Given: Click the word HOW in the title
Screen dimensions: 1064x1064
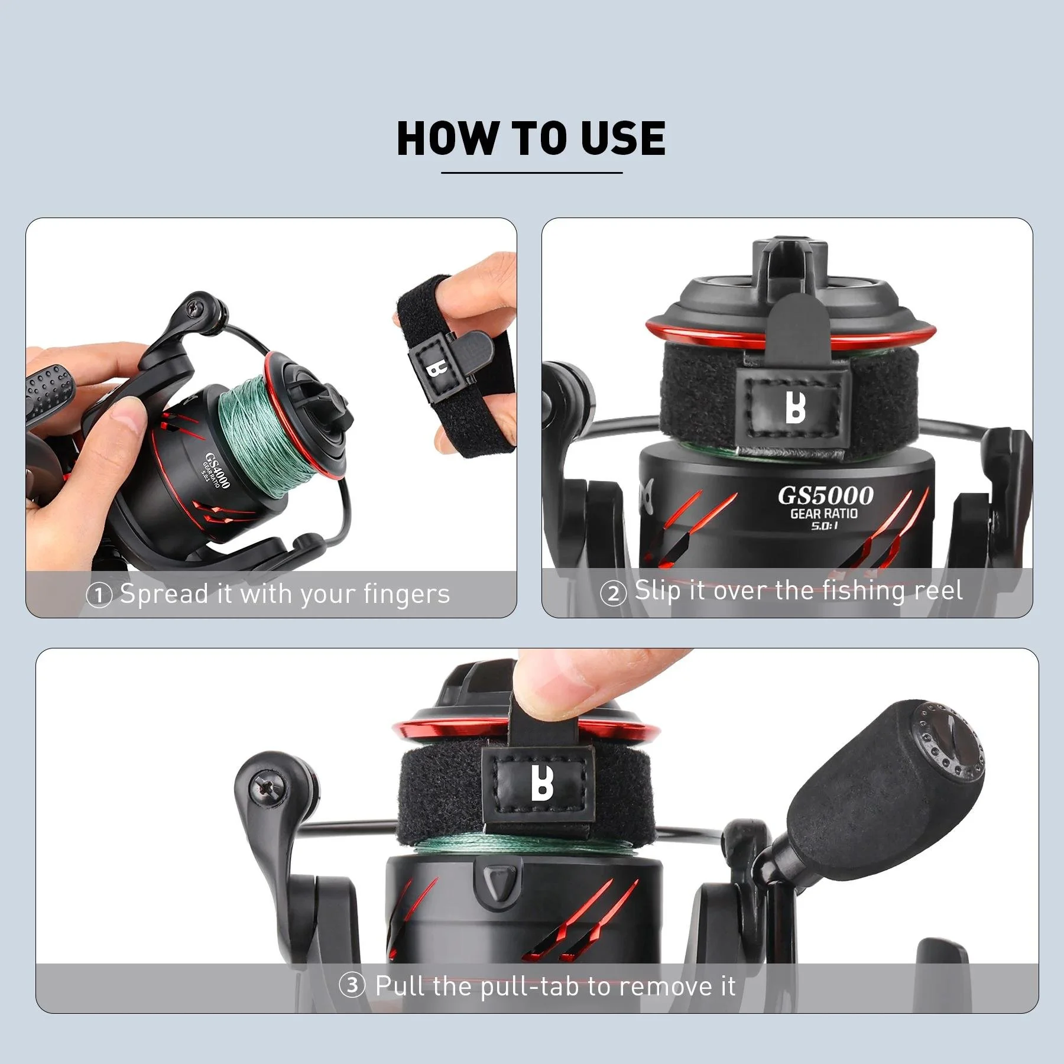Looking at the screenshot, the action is point(447,138).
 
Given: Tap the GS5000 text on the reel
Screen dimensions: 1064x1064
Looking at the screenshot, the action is point(825,495).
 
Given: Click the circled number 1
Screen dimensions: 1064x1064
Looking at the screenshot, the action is point(99,595).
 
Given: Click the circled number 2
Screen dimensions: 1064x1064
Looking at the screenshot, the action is point(613,593).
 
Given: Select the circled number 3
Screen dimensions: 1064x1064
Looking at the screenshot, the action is point(352,985).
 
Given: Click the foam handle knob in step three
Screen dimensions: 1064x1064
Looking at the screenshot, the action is point(887,780).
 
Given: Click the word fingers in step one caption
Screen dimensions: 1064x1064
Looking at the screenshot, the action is point(407,594).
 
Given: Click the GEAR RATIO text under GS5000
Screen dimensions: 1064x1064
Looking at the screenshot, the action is point(823,513).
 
